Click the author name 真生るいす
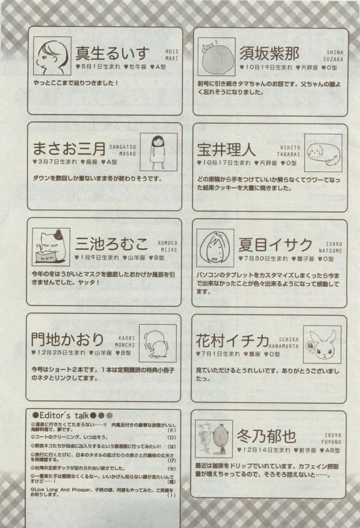[112, 54]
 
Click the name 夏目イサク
[275, 246]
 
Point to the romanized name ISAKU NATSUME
[330, 247]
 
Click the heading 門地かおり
[67, 339]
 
